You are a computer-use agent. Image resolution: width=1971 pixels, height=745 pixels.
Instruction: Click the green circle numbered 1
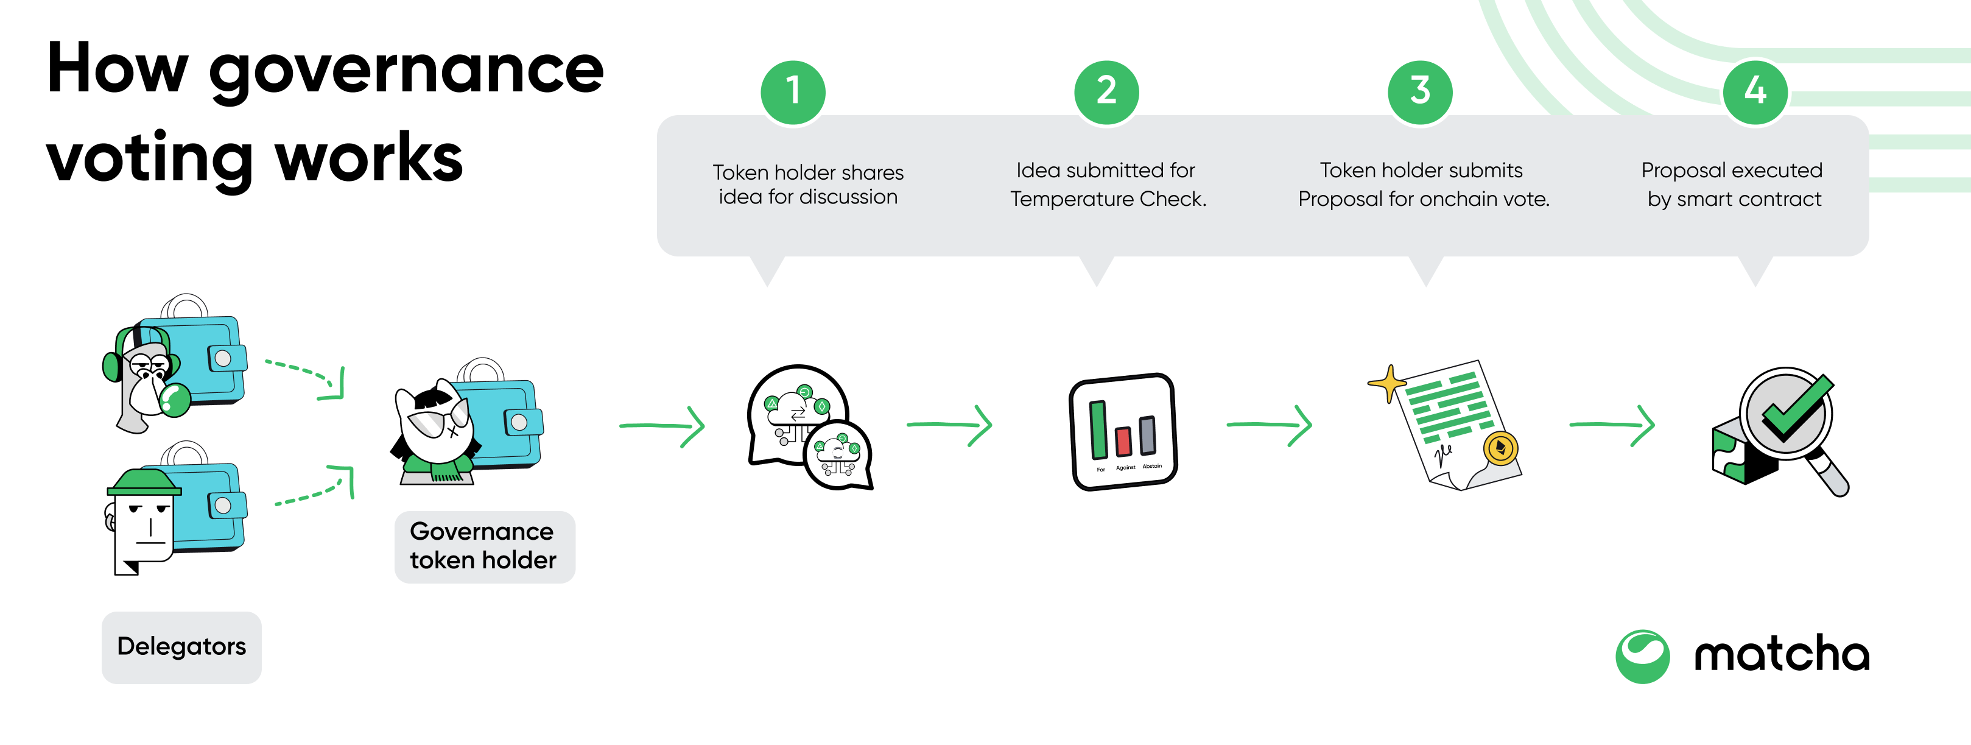(x=793, y=91)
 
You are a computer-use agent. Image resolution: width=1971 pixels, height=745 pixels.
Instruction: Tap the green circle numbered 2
(x=1106, y=91)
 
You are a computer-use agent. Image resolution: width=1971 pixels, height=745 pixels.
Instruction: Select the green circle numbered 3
(x=1420, y=91)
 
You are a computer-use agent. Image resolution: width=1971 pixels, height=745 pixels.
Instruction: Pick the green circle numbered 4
(x=1755, y=91)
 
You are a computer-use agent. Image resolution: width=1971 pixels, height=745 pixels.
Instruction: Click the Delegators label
(x=181, y=647)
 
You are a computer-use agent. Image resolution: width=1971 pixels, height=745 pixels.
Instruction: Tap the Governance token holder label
(x=483, y=546)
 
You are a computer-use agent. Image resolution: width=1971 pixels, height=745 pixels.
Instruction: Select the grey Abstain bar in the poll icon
(x=1148, y=435)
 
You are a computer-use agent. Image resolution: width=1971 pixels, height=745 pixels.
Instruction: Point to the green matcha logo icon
(x=1642, y=656)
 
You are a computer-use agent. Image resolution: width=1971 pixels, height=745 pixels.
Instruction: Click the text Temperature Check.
(x=1108, y=199)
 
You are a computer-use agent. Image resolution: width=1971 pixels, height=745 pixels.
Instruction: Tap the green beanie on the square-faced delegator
(x=144, y=482)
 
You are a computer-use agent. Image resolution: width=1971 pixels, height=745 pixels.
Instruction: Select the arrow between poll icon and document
(x=1270, y=425)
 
